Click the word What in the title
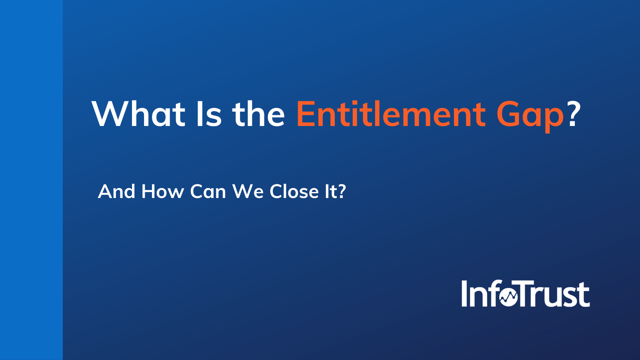pyautogui.click(x=138, y=114)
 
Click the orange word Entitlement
pyautogui.click(x=391, y=114)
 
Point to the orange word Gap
pyautogui.click(x=530, y=116)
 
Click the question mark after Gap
pyautogui.click(x=574, y=114)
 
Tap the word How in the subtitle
pyautogui.click(x=162, y=192)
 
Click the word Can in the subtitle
pyautogui.click(x=208, y=192)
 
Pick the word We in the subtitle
pyautogui.click(x=248, y=192)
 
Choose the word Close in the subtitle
pyautogui.click(x=294, y=192)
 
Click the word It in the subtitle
pyautogui.click(x=330, y=192)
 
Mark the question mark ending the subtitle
pyautogui.click(x=342, y=192)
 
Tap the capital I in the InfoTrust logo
pyautogui.click(x=465, y=294)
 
